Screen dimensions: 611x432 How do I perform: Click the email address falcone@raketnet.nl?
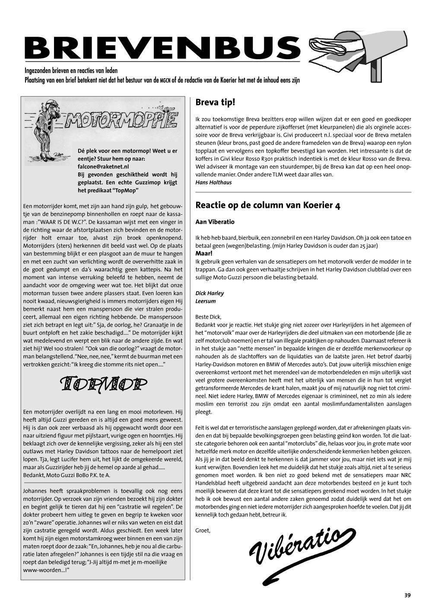pyautogui.click(x=103, y=166)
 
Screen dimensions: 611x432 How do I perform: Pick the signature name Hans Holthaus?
pyautogui.click(x=213, y=182)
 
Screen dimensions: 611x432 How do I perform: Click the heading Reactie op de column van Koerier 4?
pyautogui.click(x=268, y=205)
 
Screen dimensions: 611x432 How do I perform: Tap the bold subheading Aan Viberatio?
pyautogui.click(x=215, y=222)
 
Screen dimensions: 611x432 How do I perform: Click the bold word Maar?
pyautogui.click(x=204, y=254)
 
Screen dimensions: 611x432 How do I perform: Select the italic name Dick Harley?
pyautogui.click(x=210, y=293)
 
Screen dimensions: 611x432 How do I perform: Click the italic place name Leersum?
pyautogui.click(x=205, y=301)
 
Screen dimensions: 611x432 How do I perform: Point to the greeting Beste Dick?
pyautogui.click(x=208, y=317)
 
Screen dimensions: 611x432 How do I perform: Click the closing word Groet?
pyautogui.click(x=203, y=530)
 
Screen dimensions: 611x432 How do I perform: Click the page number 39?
pyautogui.click(x=407, y=595)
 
